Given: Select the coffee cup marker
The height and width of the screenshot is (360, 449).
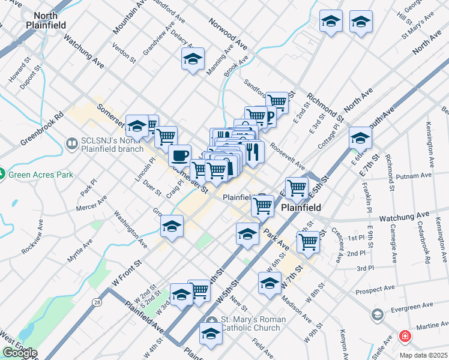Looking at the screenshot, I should (179, 155).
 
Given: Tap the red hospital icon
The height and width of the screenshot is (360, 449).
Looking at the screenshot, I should (406, 336).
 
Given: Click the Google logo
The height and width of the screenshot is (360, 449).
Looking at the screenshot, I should (19, 353).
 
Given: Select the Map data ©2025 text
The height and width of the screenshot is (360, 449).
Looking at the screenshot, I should (423, 355).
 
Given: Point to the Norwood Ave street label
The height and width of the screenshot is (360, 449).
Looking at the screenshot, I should (229, 32).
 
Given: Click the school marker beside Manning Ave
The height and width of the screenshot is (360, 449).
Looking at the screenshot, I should (193, 59).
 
